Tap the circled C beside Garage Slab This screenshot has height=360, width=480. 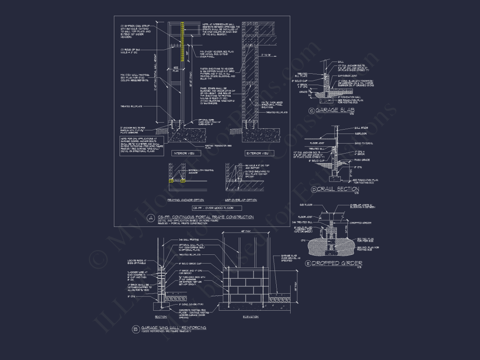point(311,111)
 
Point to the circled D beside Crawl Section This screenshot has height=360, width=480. point(314,189)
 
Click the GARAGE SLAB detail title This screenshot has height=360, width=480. point(334,111)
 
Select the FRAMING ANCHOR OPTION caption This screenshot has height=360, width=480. point(186,200)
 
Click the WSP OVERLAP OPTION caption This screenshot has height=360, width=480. point(241,200)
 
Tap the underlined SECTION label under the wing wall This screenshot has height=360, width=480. point(161,317)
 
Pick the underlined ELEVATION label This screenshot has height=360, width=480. point(250,317)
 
